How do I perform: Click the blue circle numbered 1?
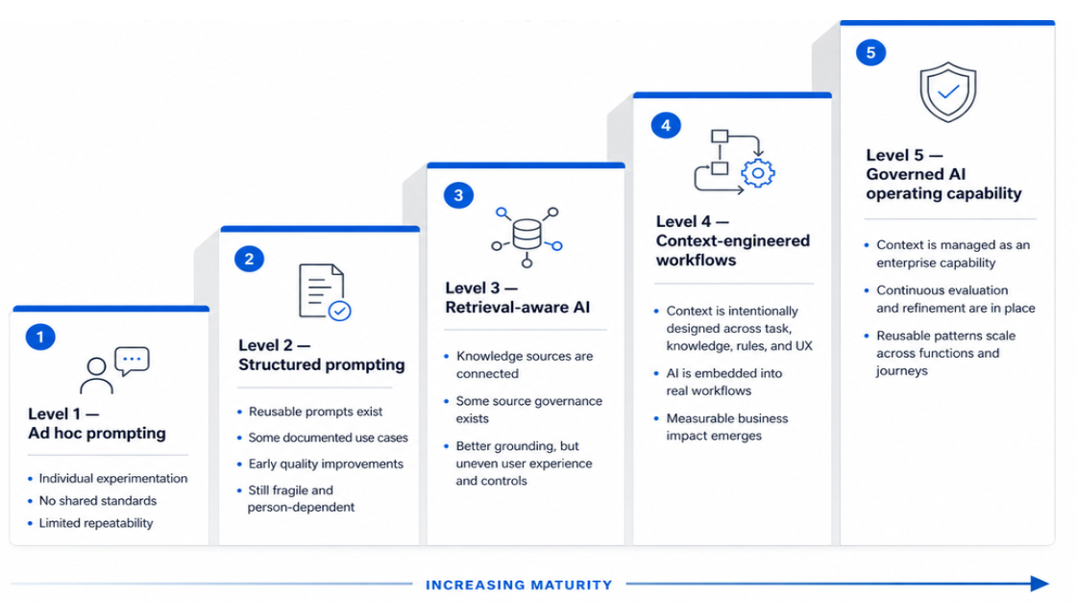[x=40, y=337]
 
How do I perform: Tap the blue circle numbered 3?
[x=459, y=195]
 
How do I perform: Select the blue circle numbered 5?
[x=871, y=52]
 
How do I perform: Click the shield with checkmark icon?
[x=948, y=92]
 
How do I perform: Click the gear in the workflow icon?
[x=758, y=173]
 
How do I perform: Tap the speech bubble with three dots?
[x=132, y=361]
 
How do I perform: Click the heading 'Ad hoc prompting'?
[x=97, y=433]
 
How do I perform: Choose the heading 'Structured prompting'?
[x=322, y=364]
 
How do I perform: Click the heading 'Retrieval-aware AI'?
[x=517, y=307]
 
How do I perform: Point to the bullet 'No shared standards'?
[x=98, y=500]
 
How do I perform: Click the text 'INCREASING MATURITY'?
[x=519, y=585]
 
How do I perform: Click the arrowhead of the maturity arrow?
[x=1040, y=584]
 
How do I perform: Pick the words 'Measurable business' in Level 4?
[x=727, y=418]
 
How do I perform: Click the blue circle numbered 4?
[x=666, y=125]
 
